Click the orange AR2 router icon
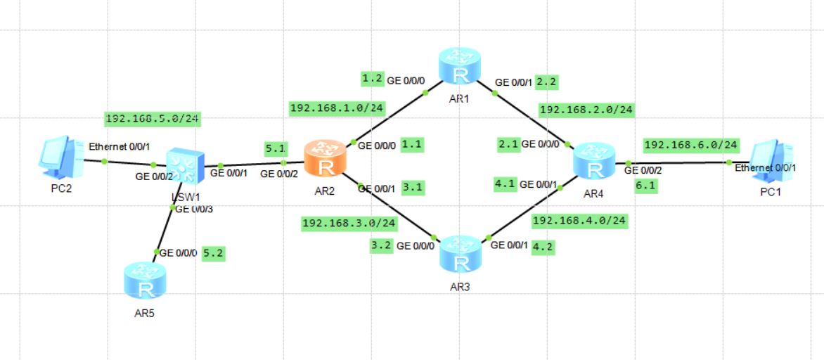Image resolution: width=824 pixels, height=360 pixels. pos(325,158)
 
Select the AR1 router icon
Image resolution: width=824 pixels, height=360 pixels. pos(460,66)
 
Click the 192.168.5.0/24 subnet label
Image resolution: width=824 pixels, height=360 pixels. pos(153,119)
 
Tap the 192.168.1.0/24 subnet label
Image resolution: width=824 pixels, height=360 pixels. pos(337,108)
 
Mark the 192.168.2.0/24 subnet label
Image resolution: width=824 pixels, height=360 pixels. pos(587,110)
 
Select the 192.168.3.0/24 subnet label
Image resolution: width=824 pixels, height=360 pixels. pos(348,224)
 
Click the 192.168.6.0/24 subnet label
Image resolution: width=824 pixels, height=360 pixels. pos(691,145)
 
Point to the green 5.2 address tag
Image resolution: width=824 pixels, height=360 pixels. pos(213,253)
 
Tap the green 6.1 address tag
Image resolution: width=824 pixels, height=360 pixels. pos(645,186)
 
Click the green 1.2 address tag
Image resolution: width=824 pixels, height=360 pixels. pos(372,78)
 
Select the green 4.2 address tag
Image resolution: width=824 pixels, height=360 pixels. pos(542,247)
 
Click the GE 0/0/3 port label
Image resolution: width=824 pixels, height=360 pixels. pos(193,209)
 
